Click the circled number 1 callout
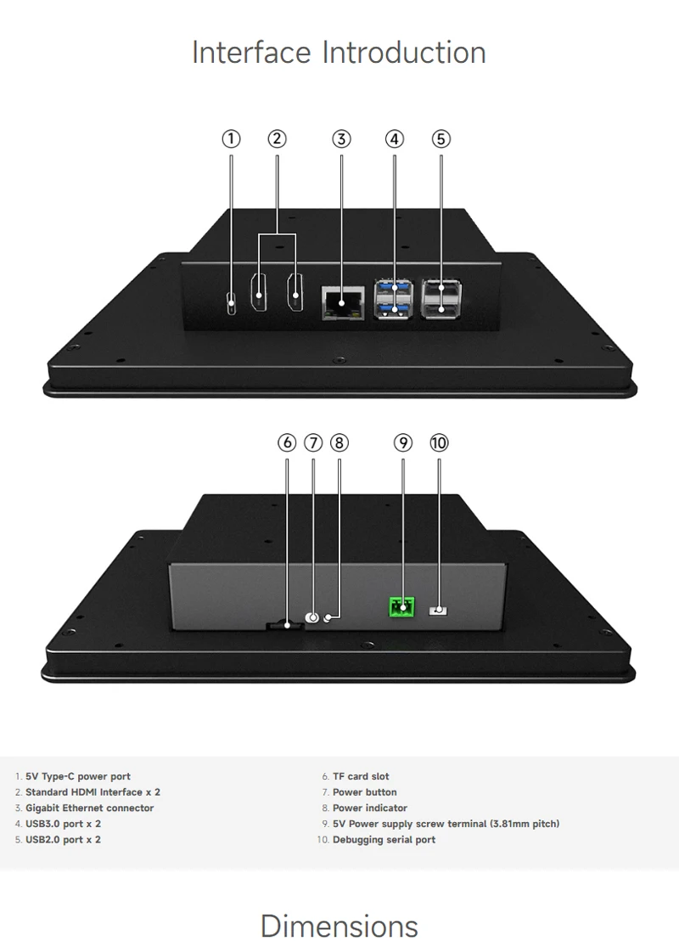[x=231, y=138]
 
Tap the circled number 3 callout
[x=341, y=138]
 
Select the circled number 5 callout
[x=441, y=138]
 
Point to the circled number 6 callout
[x=287, y=442]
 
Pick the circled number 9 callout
[x=403, y=442]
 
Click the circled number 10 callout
[x=439, y=442]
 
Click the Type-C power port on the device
[x=232, y=302]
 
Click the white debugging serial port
[x=439, y=610]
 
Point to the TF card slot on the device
[x=286, y=626]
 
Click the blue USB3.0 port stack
[x=393, y=300]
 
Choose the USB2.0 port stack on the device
[x=441, y=300]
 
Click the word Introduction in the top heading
[x=403, y=53]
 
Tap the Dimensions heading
[x=339, y=925]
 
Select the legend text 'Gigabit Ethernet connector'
[x=90, y=808]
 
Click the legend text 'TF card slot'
[x=361, y=776]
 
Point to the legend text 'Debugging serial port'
[x=384, y=840]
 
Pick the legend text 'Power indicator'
[x=369, y=808]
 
